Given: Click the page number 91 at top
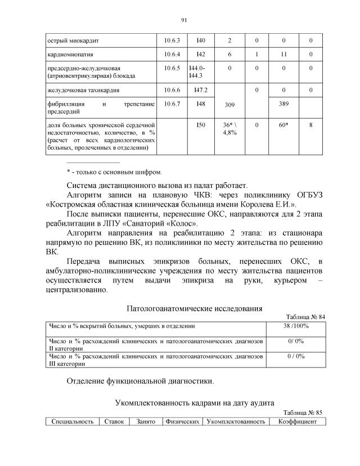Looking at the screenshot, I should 183,20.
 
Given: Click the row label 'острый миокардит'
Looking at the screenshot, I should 70,41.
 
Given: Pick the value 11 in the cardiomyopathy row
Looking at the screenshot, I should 283,55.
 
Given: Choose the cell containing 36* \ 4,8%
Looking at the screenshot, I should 229,128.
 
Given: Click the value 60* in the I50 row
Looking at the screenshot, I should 283,125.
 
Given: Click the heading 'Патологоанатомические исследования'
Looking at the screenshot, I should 194,308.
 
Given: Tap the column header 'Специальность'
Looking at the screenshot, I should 73,422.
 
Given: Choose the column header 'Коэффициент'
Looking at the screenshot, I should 298,422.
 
